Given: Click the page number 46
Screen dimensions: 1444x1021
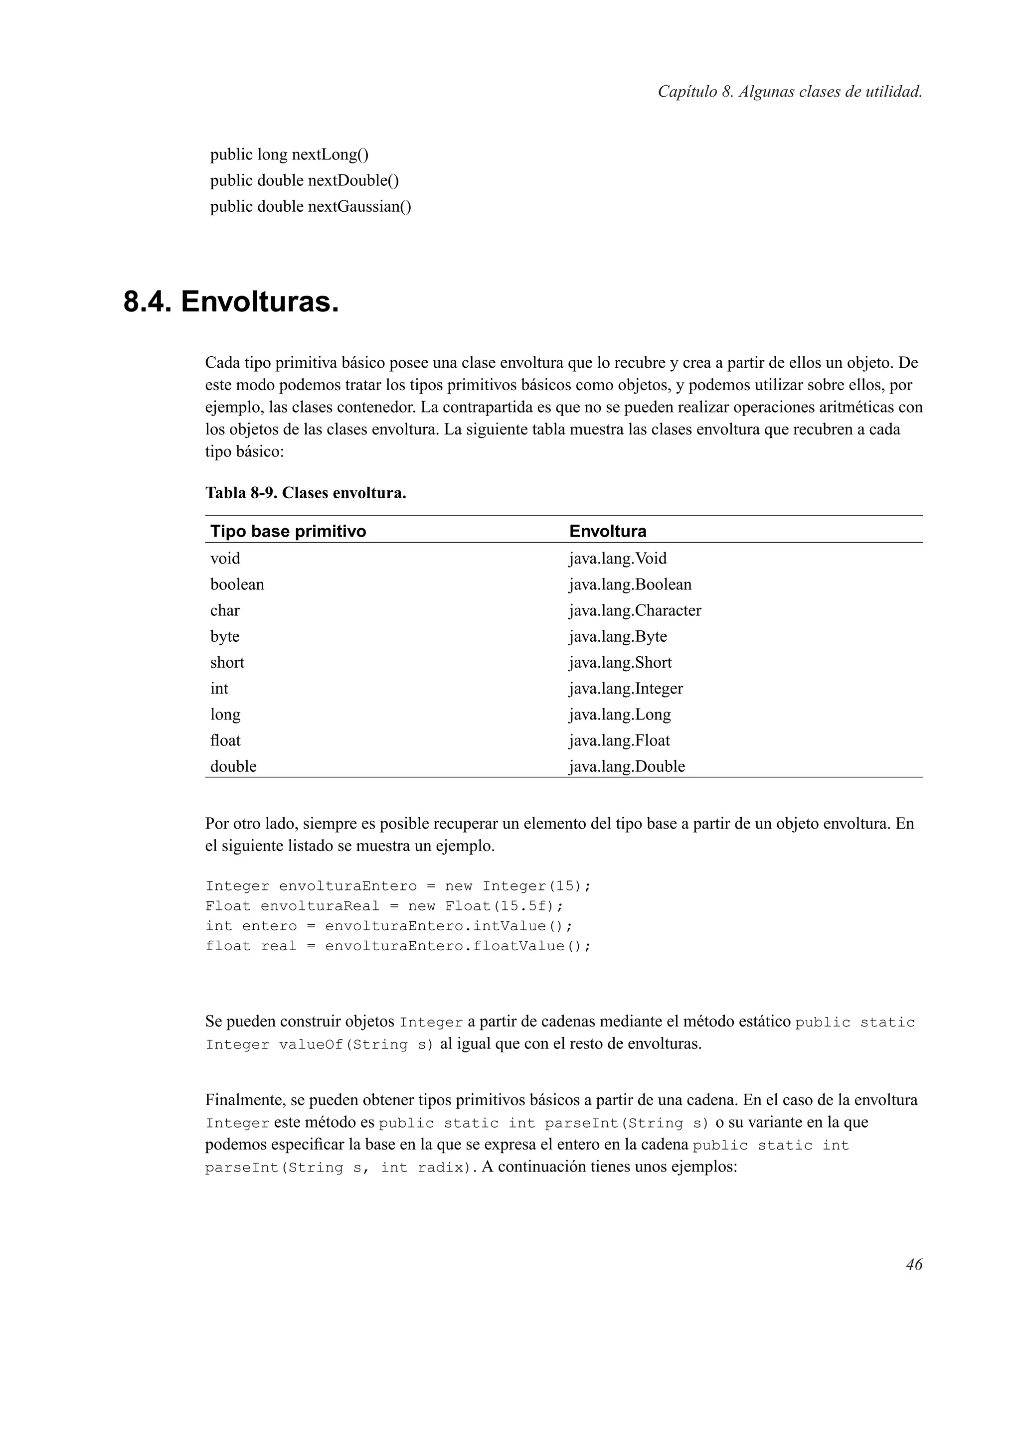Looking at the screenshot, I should coord(913,1264).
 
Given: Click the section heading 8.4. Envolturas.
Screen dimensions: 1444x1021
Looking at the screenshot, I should coord(231,302).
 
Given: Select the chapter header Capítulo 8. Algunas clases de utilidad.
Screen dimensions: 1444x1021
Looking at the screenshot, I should coord(790,92).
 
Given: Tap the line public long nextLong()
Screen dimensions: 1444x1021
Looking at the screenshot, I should coord(289,154).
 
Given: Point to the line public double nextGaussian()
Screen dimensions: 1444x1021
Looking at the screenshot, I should coord(310,207).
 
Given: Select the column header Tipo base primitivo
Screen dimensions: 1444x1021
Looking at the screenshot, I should coord(288,532).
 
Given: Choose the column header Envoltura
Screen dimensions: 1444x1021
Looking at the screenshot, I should coord(607,532).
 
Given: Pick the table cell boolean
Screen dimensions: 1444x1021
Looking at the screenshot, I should coord(237,585).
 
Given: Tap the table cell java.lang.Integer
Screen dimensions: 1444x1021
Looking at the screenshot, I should coord(626,689).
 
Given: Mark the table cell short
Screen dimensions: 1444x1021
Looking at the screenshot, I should coord(227,663).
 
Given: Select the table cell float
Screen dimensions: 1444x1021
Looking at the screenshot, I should coord(225,741).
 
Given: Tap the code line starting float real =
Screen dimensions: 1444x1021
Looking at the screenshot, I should coord(398,946).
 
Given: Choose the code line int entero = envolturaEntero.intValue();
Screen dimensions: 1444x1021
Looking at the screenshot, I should coord(389,926).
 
